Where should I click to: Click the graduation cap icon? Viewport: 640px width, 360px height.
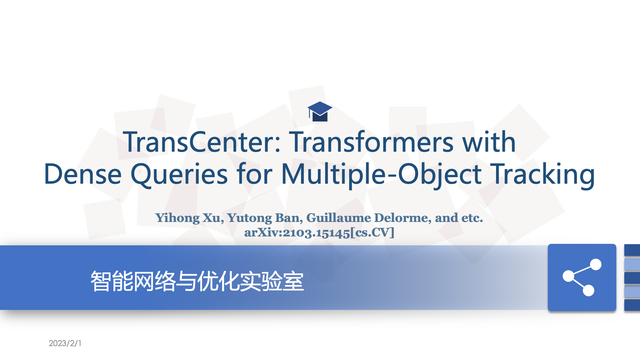[320, 111]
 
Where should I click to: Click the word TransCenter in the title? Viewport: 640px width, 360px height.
[201, 142]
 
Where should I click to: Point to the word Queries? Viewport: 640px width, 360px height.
[179, 175]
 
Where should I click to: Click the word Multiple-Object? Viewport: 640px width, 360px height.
[382, 175]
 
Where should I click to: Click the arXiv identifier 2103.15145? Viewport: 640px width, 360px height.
[316, 233]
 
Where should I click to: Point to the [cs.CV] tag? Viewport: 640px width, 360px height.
[372, 232]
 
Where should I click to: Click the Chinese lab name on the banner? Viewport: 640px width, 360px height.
[197, 281]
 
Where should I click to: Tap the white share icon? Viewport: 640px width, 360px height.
[582, 277]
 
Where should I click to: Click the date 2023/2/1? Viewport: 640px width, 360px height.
[65, 343]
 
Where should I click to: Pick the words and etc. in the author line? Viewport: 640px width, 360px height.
[459, 218]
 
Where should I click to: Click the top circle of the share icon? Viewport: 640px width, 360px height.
[596, 265]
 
